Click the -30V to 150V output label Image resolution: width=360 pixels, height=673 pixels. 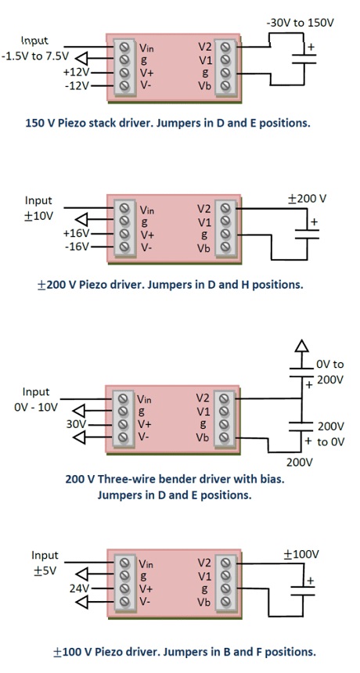point(300,23)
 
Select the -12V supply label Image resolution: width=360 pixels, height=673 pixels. point(75,85)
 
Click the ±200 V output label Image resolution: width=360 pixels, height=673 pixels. point(307,199)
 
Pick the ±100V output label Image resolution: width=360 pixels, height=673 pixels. point(301,554)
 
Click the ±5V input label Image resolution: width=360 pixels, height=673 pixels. point(45,570)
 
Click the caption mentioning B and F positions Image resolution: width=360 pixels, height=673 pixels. point(185,651)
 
